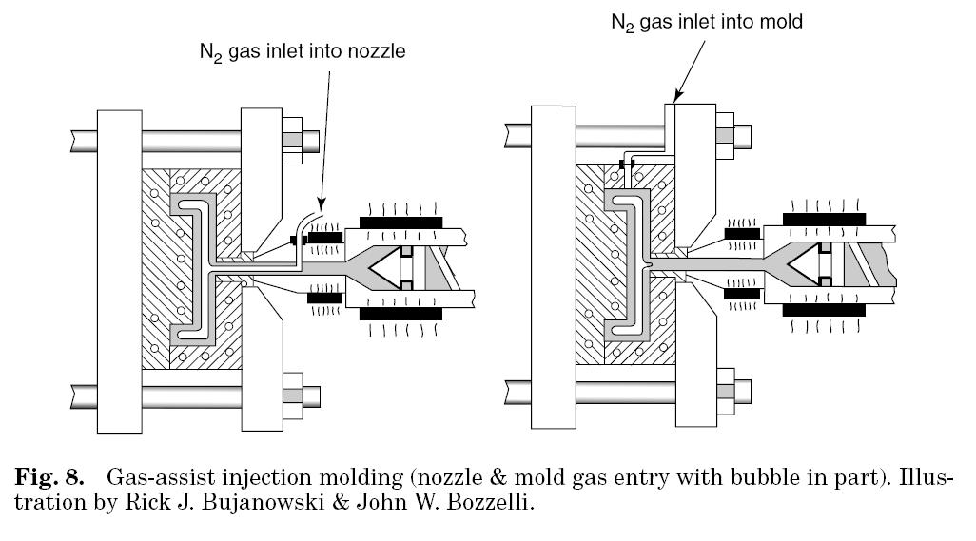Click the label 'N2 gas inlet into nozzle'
coord(302,52)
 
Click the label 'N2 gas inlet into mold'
coord(706,21)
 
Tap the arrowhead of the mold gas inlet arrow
coord(673,99)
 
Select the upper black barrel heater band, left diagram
coord(400,222)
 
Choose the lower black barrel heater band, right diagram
coord(824,311)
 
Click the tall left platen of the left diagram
coord(119,269)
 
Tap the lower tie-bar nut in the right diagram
coord(727,390)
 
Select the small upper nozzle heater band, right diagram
coord(741,232)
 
